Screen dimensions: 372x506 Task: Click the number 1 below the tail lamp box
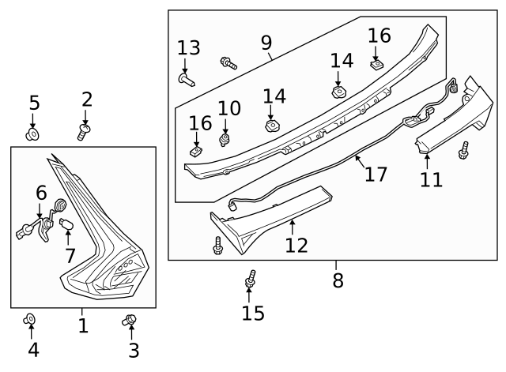(x=83, y=325)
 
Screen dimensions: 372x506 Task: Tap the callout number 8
(x=338, y=280)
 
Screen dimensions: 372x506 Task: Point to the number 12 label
(x=296, y=245)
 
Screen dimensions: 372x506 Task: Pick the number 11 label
(x=431, y=179)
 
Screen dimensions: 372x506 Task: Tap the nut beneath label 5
(x=33, y=135)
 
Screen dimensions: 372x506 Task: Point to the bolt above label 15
(x=251, y=279)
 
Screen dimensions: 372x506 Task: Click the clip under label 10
(x=225, y=141)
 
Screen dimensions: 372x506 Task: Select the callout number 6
(x=41, y=192)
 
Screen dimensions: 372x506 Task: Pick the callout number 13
(x=188, y=48)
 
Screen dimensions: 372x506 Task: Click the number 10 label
(x=228, y=108)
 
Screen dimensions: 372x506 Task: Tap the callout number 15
(x=253, y=314)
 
